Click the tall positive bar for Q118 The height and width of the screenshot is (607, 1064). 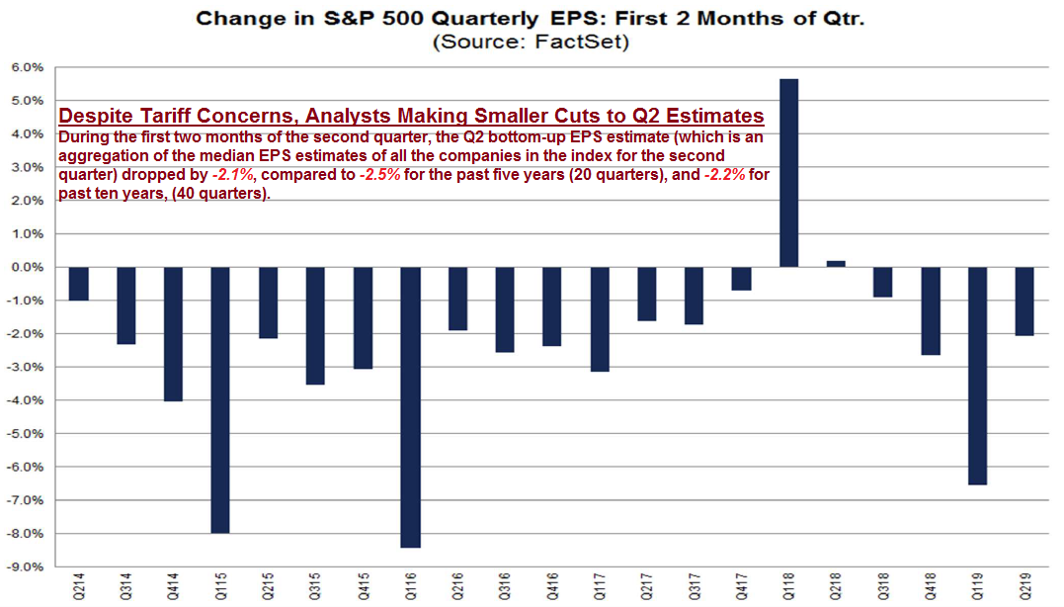(x=789, y=173)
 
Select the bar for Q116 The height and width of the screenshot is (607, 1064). (x=410, y=406)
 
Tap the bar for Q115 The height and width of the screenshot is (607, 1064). (x=220, y=399)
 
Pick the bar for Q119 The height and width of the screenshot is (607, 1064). (x=978, y=376)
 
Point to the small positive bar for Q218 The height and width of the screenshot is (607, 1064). (x=836, y=264)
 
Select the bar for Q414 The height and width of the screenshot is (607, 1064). (x=173, y=333)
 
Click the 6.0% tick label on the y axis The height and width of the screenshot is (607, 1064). (x=27, y=67)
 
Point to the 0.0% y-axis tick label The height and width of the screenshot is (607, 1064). (x=27, y=267)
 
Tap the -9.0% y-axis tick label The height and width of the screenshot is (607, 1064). (x=25, y=566)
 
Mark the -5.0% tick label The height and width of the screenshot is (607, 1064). (x=25, y=433)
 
